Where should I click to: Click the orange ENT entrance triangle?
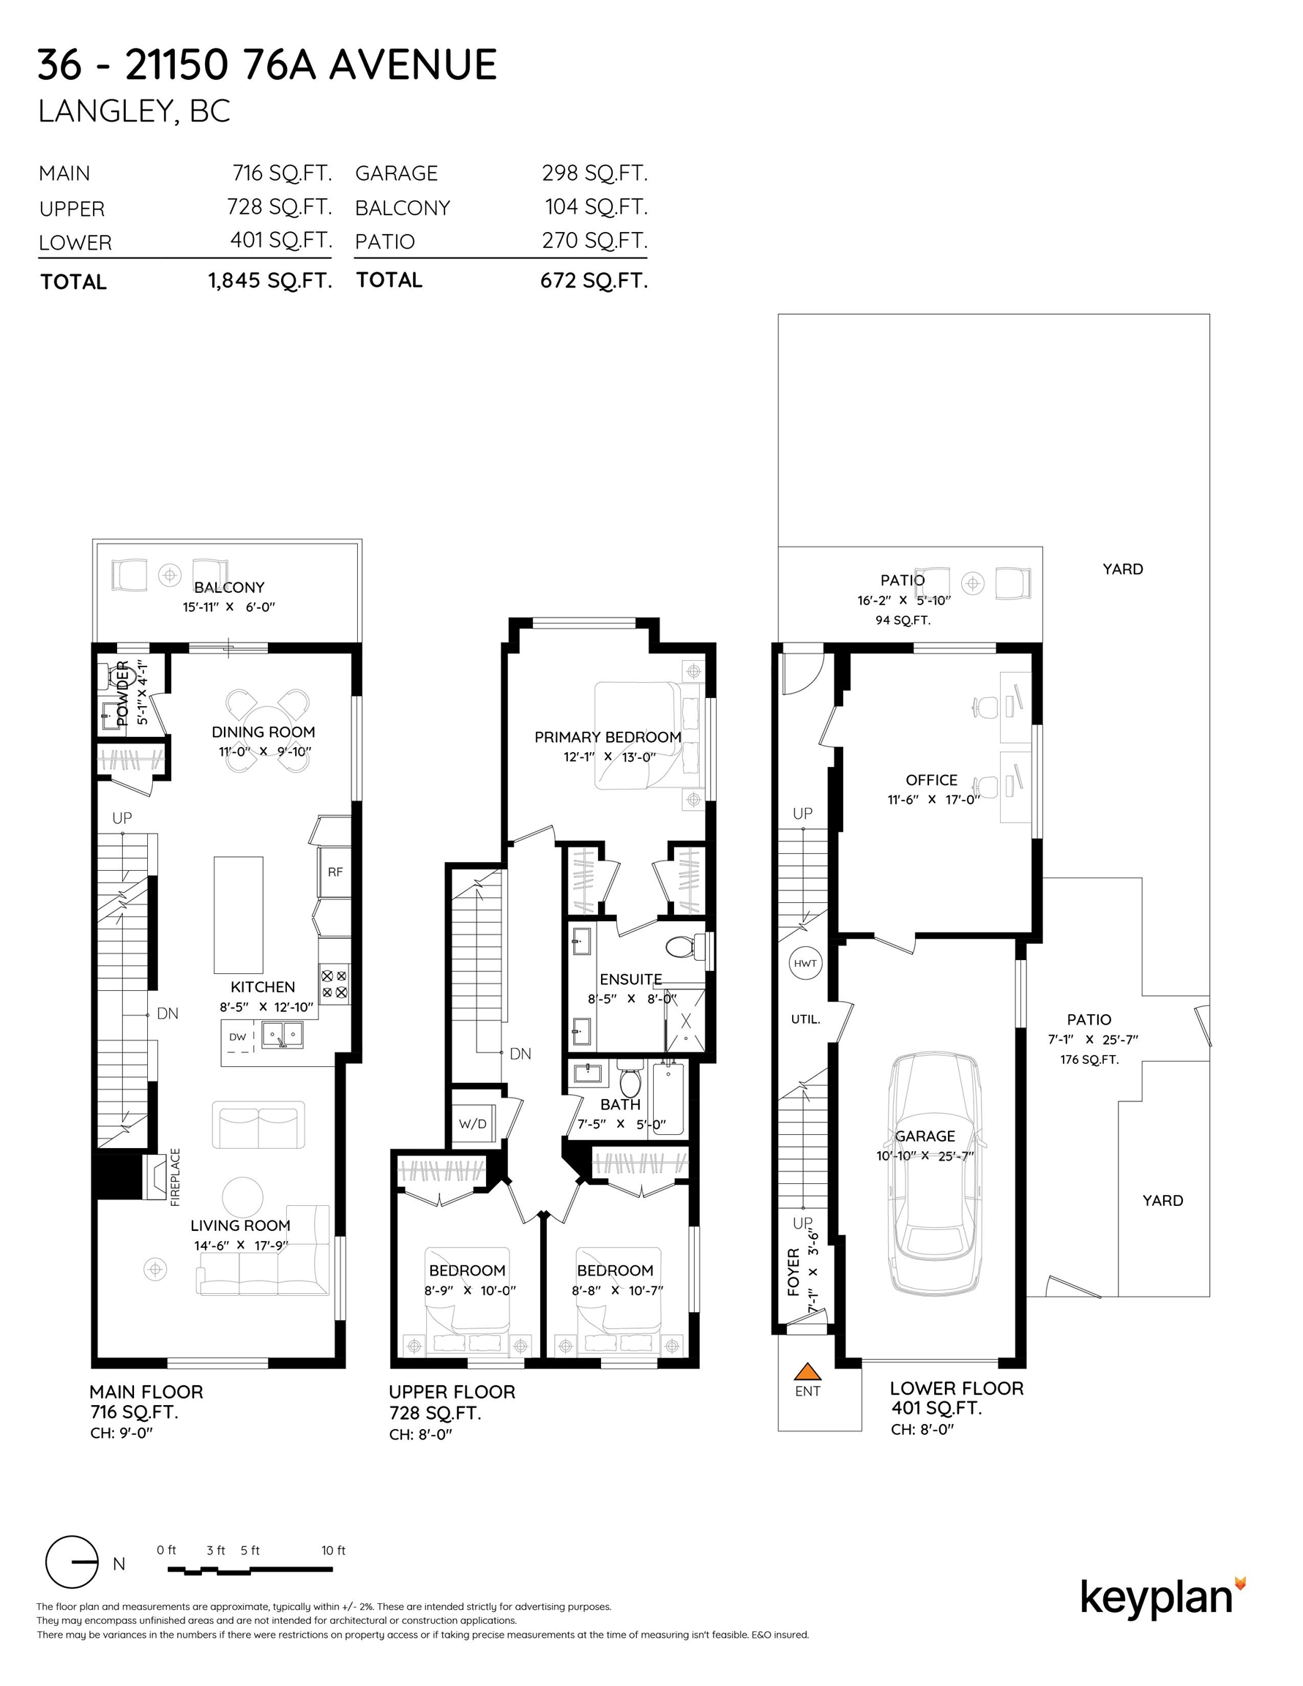(x=807, y=1371)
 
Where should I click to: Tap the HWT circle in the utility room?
(x=804, y=964)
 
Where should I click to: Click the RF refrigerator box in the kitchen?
(x=335, y=872)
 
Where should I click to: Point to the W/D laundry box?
(x=473, y=1123)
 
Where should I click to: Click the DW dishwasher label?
(x=238, y=1037)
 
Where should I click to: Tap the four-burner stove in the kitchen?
(x=335, y=984)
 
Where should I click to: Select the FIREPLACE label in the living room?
(x=176, y=1177)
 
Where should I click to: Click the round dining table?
(x=266, y=729)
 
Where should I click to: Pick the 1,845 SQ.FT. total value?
(x=269, y=280)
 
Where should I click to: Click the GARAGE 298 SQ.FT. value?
(x=594, y=173)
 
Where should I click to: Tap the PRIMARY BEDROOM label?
(x=607, y=737)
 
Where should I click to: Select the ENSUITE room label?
(x=630, y=979)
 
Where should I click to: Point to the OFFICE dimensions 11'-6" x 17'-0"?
(x=933, y=800)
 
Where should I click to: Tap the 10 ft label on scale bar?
(x=333, y=1550)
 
